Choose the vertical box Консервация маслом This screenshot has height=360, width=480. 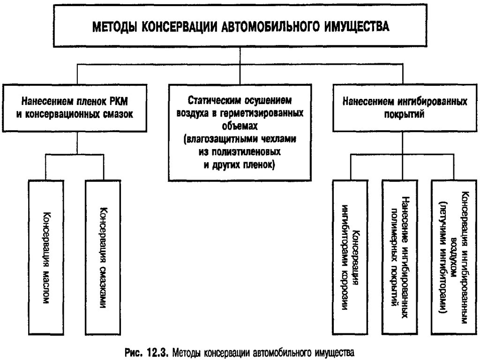point(45,256)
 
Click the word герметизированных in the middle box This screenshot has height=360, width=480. point(267,113)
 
